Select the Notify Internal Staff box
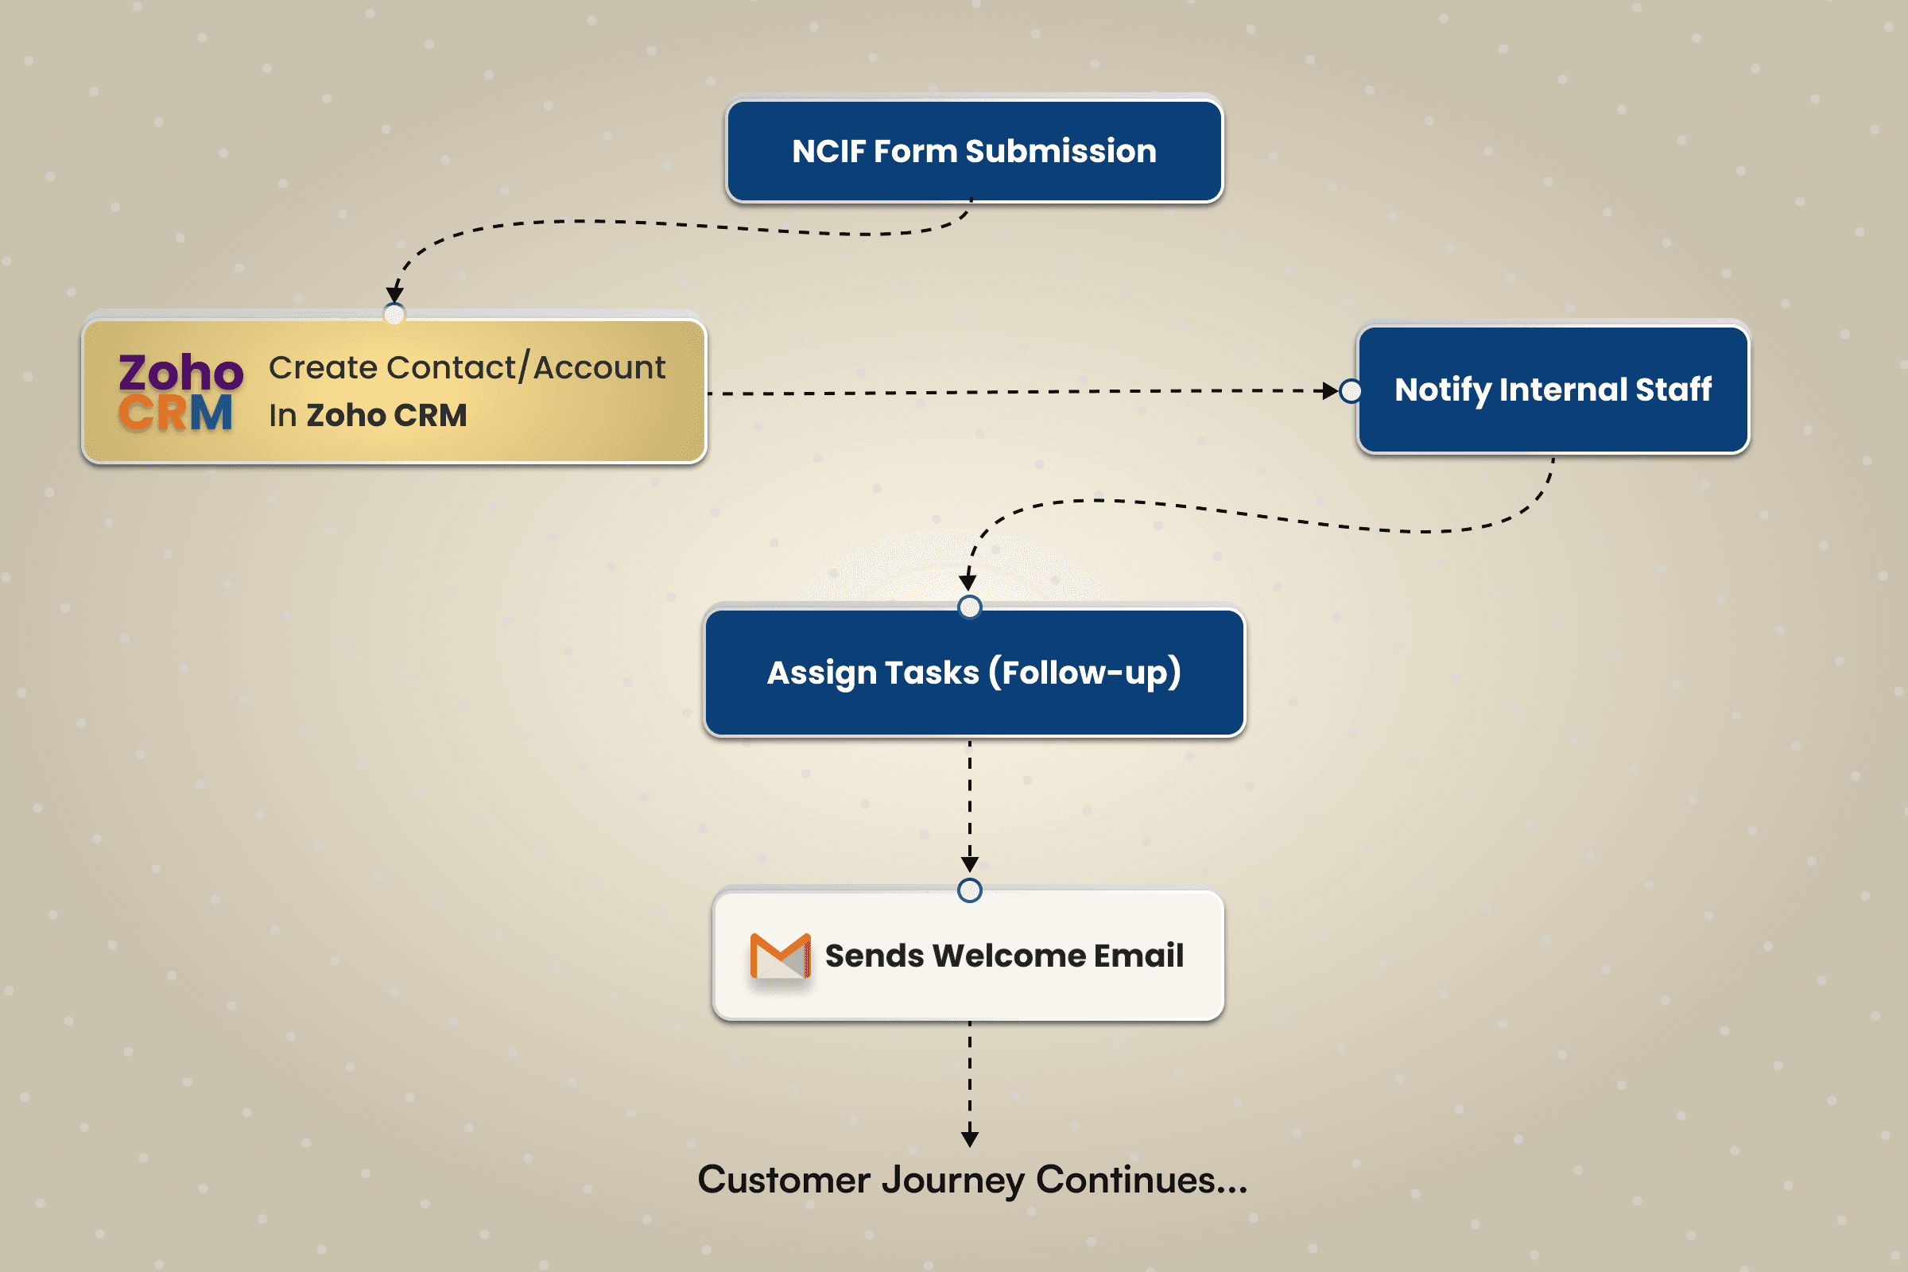(1553, 390)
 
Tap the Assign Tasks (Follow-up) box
(973, 673)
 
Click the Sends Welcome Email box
(968, 956)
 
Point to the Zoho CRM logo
(180, 393)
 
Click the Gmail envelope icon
(780, 956)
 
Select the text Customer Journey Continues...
(971, 1180)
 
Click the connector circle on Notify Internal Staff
(1351, 391)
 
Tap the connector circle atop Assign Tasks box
(969, 607)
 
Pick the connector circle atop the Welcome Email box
(969, 890)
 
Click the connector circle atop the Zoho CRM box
(394, 314)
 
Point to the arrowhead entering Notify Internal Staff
(1330, 391)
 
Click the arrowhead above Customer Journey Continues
(969, 1139)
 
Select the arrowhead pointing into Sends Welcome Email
(969, 864)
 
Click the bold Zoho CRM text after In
(386, 415)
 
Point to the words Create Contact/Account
(467, 367)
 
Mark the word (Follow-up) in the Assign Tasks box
(1084, 673)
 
